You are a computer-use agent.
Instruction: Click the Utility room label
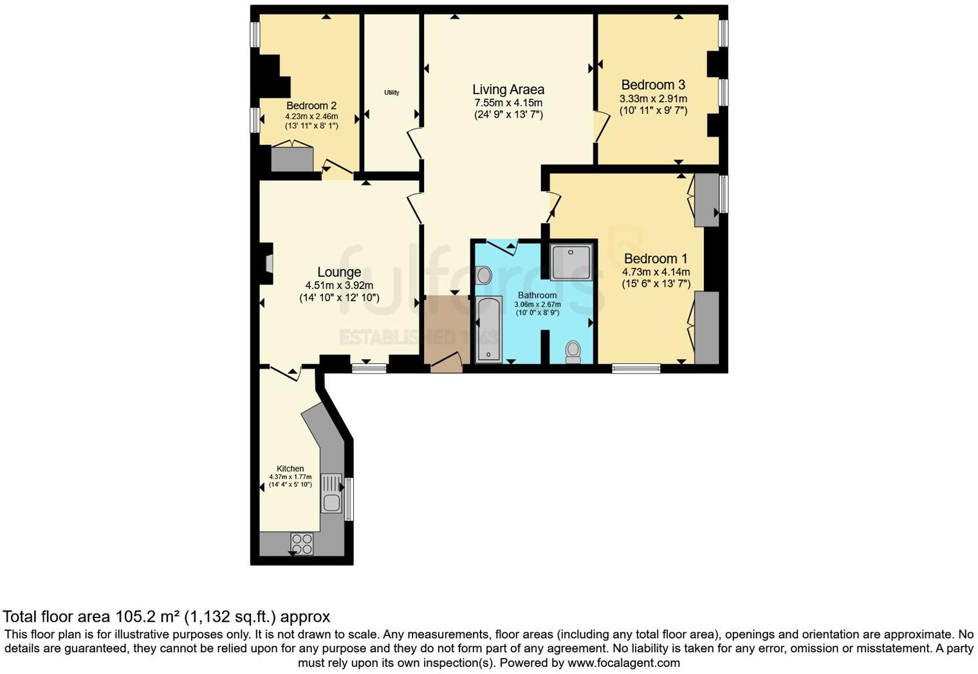point(392,93)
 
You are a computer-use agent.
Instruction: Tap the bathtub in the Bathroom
point(489,328)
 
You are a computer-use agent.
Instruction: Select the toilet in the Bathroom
point(573,351)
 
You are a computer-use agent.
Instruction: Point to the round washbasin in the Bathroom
point(484,276)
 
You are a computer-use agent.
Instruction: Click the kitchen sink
point(331,493)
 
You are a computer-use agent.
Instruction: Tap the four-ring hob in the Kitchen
point(302,544)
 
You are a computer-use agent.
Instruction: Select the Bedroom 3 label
point(653,85)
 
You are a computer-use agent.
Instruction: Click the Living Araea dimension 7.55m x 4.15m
point(508,103)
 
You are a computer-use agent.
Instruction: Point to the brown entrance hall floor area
point(443,328)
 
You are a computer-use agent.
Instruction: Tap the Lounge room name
point(339,272)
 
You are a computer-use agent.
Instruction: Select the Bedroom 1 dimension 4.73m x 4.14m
point(656,272)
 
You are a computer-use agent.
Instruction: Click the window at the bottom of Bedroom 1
point(636,369)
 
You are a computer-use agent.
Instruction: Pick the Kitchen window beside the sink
point(349,498)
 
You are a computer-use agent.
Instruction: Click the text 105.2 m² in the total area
point(147,617)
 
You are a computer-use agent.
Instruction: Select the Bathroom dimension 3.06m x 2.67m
point(537,304)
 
